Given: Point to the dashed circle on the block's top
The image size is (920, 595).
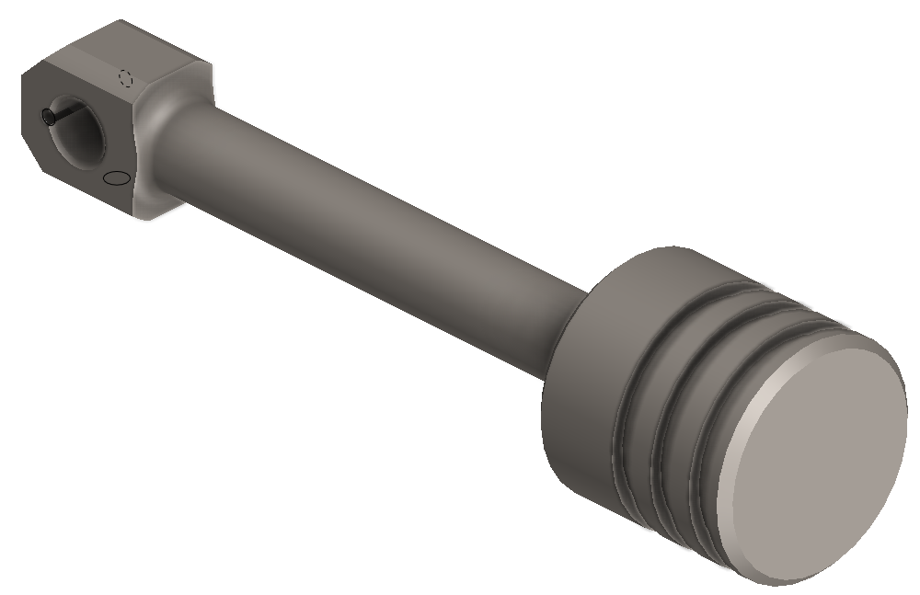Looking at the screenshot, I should [127, 78].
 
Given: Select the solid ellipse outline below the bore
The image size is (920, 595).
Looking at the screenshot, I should [116, 177].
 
